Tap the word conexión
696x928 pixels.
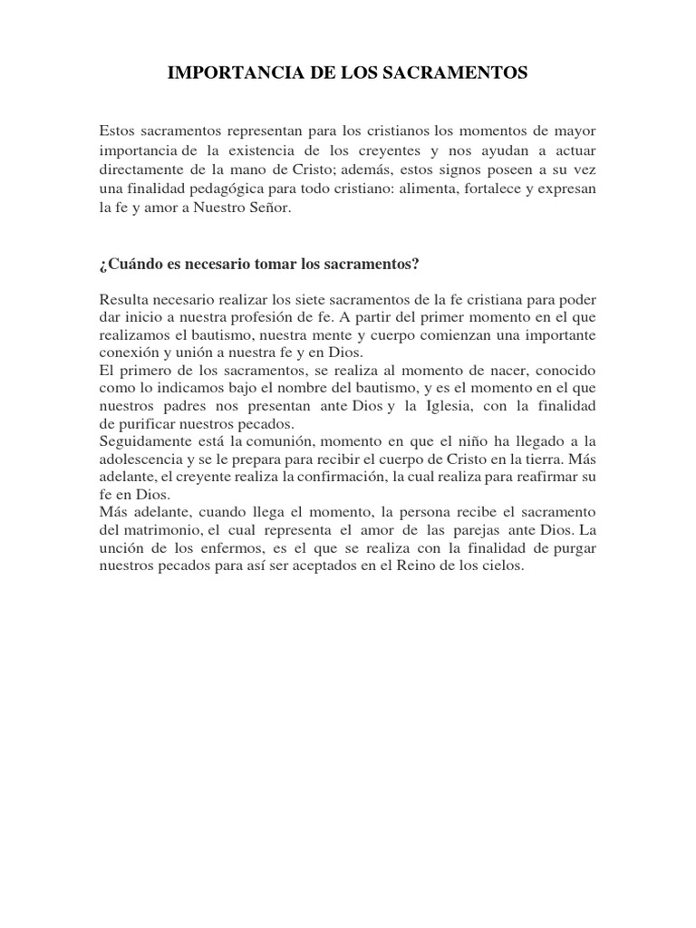[127, 352]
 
